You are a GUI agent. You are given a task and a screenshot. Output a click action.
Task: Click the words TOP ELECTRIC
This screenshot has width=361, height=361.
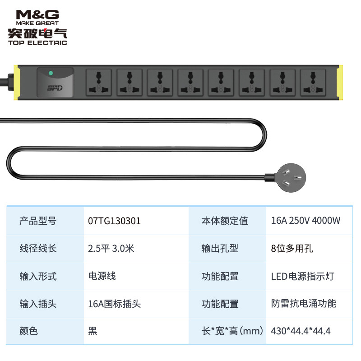click(x=37, y=43)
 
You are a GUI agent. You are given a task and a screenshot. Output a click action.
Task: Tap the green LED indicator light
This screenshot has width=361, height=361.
click(x=51, y=73)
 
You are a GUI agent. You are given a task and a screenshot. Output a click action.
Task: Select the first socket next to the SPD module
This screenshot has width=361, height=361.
click(x=98, y=82)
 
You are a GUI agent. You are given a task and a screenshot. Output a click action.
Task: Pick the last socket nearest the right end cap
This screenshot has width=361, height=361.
click(x=312, y=82)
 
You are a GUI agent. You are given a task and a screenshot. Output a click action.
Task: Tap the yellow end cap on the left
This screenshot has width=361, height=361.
click(x=17, y=82)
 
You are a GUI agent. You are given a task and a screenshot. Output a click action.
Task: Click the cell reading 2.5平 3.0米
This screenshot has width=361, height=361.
click(x=111, y=248)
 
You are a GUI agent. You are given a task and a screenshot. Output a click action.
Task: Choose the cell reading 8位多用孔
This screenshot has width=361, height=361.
click(x=292, y=248)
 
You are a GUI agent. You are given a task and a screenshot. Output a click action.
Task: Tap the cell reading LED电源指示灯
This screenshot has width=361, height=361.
click(x=303, y=276)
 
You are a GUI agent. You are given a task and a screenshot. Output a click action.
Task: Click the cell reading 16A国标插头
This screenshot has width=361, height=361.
click(x=115, y=304)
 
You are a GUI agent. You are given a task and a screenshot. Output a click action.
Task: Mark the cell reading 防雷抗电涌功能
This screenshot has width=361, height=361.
click(x=304, y=304)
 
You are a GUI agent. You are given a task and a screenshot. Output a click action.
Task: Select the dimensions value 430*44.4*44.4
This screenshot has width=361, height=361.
click(x=301, y=331)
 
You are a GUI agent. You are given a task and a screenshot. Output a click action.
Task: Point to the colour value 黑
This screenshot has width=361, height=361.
click(x=93, y=331)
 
